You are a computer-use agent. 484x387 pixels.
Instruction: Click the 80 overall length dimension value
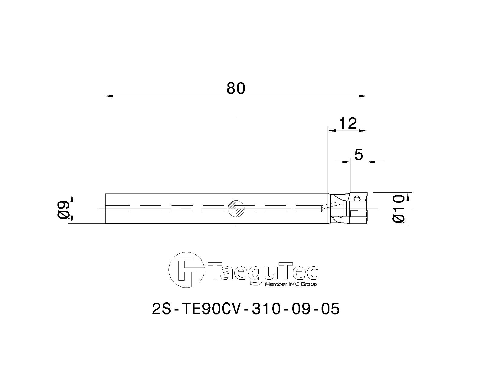click(235, 88)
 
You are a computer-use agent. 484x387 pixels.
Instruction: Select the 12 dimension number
click(348, 123)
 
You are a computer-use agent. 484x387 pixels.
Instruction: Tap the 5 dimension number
click(359, 154)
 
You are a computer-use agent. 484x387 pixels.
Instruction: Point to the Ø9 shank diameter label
click(64, 210)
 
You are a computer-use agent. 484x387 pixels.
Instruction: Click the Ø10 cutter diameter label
click(399, 209)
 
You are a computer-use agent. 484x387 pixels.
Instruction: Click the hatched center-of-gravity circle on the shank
click(236, 208)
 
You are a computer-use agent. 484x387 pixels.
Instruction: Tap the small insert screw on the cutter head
click(356, 198)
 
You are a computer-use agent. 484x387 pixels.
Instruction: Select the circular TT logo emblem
click(186, 270)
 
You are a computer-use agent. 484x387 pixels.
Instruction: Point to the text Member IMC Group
click(291, 284)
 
